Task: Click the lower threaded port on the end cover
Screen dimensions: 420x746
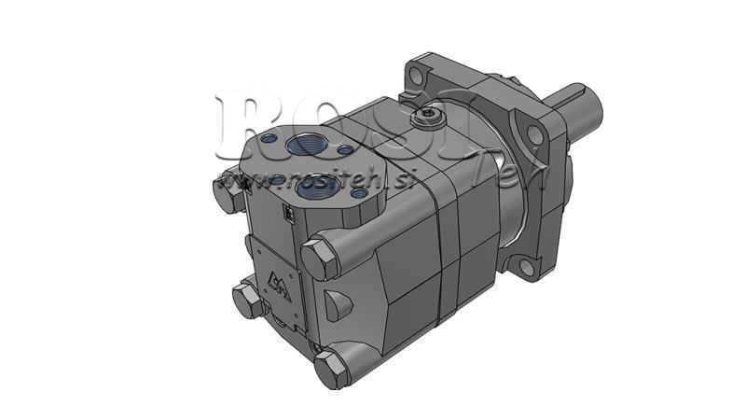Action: [x=308, y=186]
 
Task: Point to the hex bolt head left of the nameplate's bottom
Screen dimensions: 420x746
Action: [x=247, y=300]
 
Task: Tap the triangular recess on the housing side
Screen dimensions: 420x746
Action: [x=337, y=300]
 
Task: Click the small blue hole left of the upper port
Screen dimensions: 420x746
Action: [x=270, y=139]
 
